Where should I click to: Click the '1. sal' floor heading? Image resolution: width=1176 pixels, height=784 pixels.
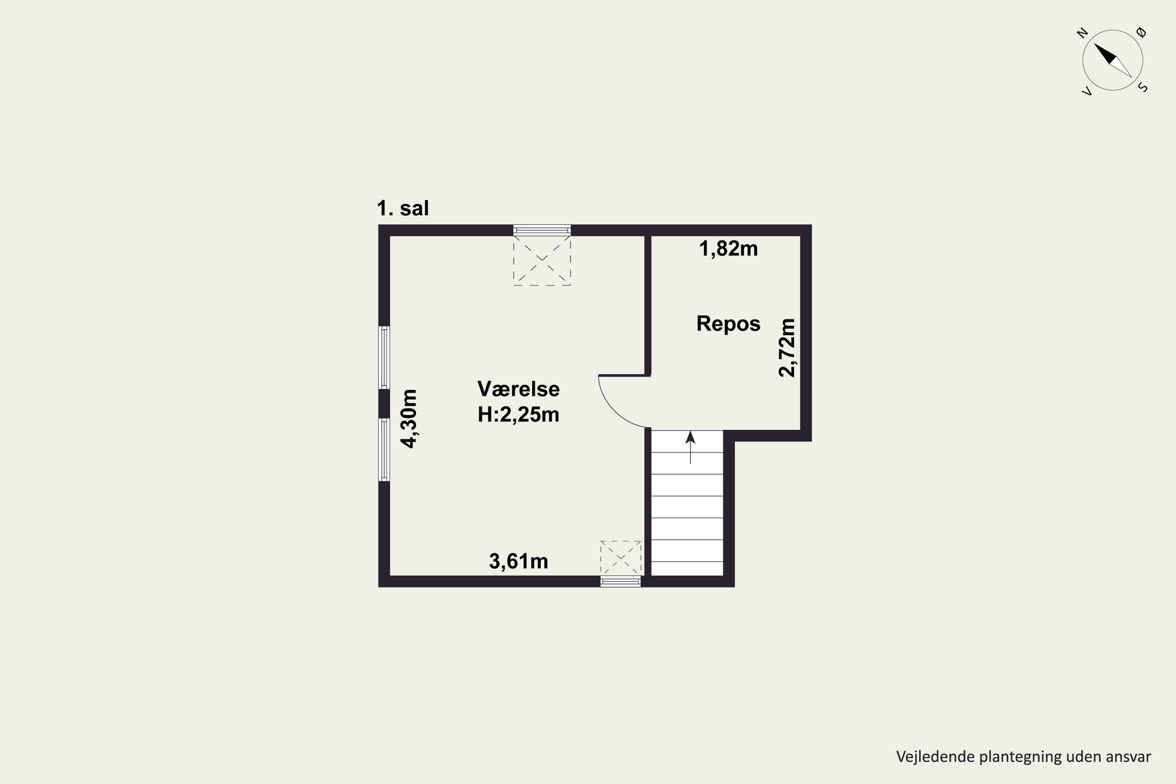tap(403, 208)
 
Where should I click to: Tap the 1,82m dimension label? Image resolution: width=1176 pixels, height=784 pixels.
tap(728, 249)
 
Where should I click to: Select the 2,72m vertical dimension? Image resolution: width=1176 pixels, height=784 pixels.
tap(787, 347)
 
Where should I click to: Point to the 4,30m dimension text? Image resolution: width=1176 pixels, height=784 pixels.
tap(408, 419)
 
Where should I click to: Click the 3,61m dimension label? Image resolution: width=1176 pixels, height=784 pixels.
tap(519, 561)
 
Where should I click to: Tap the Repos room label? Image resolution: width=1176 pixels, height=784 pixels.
tap(728, 323)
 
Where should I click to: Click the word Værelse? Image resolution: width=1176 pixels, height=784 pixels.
tap(519, 389)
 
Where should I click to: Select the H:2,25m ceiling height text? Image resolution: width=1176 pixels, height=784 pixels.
tap(519, 414)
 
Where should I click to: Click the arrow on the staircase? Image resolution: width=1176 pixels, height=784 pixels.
tap(690, 448)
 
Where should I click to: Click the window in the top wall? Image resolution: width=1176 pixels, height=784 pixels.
tap(542, 230)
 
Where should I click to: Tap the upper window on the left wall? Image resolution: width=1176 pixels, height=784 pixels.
tap(384, 357)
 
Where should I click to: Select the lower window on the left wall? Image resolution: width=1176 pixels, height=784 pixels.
tap(384, 450)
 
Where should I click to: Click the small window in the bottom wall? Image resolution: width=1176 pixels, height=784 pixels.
tap(621, 581)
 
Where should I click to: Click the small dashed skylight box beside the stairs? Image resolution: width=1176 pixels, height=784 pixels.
tap(621, 557)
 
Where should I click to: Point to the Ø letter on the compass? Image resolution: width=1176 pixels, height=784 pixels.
tap(1142, 33)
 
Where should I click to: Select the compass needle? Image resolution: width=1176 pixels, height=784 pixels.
tap(1112, 60)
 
